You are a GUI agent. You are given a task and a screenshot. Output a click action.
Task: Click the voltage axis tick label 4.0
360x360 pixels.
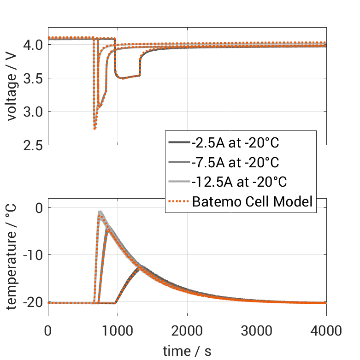pyautogui.click(x=32, y=45)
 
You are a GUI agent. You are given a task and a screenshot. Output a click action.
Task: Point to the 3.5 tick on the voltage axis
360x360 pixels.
pyautogui.click(x=32, y=78)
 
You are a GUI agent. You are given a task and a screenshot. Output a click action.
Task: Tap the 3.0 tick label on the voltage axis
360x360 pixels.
pyautogui.click(x=32, y=112)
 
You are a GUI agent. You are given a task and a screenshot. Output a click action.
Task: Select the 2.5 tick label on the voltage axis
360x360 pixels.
pyautogui.click(x=32, y=145)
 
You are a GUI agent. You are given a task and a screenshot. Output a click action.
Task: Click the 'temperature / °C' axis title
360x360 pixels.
pyautogui.click(x=12, y=256)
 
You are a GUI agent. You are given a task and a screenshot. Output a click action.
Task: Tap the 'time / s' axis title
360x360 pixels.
pyautogui.click(x=187, y=351)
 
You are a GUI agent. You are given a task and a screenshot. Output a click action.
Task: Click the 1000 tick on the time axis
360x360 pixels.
pyautogui.click(x=118, y=330)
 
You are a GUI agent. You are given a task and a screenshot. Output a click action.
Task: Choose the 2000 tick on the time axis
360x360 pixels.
pyautogui.click(x=187, y=330)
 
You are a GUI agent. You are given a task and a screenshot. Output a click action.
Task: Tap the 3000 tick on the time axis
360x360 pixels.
pyautogui.click(x=257, y=330)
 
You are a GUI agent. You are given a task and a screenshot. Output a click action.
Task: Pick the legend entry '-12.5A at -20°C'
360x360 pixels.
pyautogui.click(x=239, y=182)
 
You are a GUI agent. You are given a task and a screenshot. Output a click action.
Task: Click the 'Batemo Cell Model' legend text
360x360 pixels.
pyautogui.click(x=253, y=201)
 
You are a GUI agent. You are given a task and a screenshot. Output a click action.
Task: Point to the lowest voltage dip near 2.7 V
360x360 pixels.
pyautogui.click(x=94, y=129)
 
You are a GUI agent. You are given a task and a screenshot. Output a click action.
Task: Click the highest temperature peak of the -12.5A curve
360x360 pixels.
pyautogui.click(x=100, y=212)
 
